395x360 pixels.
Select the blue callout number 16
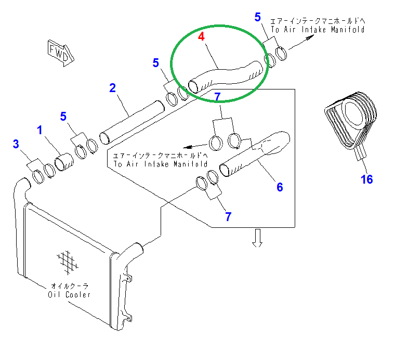click(367, 179)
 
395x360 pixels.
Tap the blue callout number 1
click(39, 130)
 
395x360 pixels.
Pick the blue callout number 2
click(112, 87)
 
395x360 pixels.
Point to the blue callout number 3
click(16, 144)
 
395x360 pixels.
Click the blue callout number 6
click(279, 187)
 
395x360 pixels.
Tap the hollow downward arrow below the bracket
click(257, 238)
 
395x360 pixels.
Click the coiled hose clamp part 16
click(348, 120)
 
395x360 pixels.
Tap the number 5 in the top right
click(258, 17)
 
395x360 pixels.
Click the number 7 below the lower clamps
click(228, 216)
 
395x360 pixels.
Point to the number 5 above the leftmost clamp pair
click(64, 116)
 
